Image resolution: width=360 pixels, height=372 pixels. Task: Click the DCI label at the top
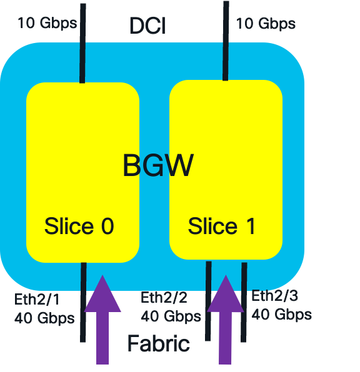point(147,26)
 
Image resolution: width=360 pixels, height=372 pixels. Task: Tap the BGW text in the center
point(157,166)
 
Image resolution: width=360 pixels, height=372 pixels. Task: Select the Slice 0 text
point(79,226)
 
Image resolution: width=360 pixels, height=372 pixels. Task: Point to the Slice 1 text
point(222,226)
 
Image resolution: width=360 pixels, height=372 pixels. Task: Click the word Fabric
point(158,343)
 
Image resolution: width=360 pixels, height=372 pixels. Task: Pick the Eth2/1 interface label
point(38,298)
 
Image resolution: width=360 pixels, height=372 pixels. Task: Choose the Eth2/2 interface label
point(164,297)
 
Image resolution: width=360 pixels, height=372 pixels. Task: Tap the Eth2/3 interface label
point(276,295)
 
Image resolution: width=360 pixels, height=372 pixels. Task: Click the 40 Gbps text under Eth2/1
point(44,318)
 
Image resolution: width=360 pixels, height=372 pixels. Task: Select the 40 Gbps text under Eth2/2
point(171,316)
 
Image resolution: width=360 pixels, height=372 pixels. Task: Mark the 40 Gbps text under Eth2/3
point(282,313)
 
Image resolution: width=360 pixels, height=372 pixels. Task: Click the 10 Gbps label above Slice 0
point(47,24)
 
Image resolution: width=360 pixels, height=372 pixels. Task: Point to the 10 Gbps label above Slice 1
point(266,24)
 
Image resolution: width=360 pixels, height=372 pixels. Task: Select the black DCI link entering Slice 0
point(82,50)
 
